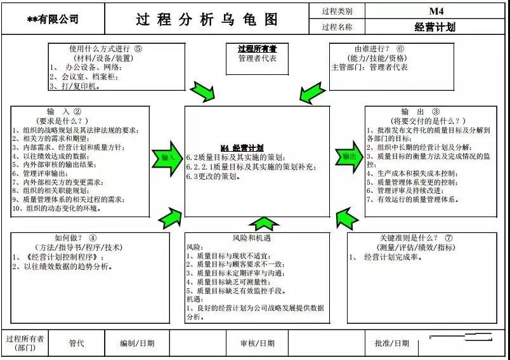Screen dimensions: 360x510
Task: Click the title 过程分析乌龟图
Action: coord(207,19)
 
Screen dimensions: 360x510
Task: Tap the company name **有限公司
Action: coord(53,20)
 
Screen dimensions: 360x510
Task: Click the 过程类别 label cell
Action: coord(337,11)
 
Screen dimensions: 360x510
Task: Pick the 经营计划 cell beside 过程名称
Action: coord(435,27)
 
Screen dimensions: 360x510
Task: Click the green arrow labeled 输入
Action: coord(167,157)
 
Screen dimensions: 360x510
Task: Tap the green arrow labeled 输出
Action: coord(350,157)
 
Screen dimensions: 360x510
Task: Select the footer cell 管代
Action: coord(76,343)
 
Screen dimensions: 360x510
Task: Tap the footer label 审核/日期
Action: coord(257,343)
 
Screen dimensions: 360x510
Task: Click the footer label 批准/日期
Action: coord(391,343)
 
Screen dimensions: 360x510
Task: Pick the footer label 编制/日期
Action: coord(136,343)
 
